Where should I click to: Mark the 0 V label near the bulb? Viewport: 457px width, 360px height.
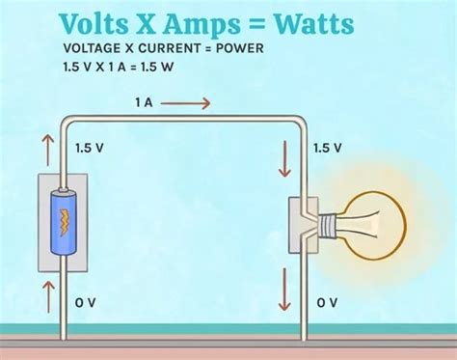point(328,303)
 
